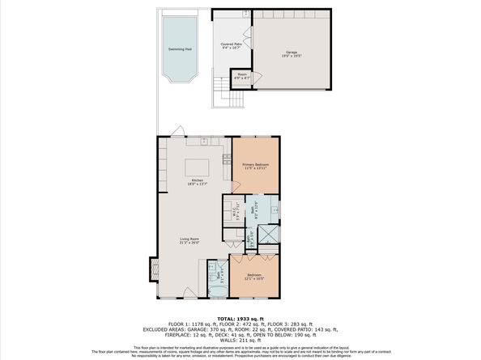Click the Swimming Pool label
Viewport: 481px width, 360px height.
pyautogui.click(x=180, y=49)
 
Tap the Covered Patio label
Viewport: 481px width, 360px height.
pyautogui.click(x=232, y=45)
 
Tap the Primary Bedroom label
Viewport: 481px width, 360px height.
pyautogui.click(x=255, y=166)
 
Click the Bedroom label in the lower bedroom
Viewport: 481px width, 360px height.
pyautogui.click(x=254, y=277)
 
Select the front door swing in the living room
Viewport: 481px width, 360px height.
pyautogui.click(x=189, y=293)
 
